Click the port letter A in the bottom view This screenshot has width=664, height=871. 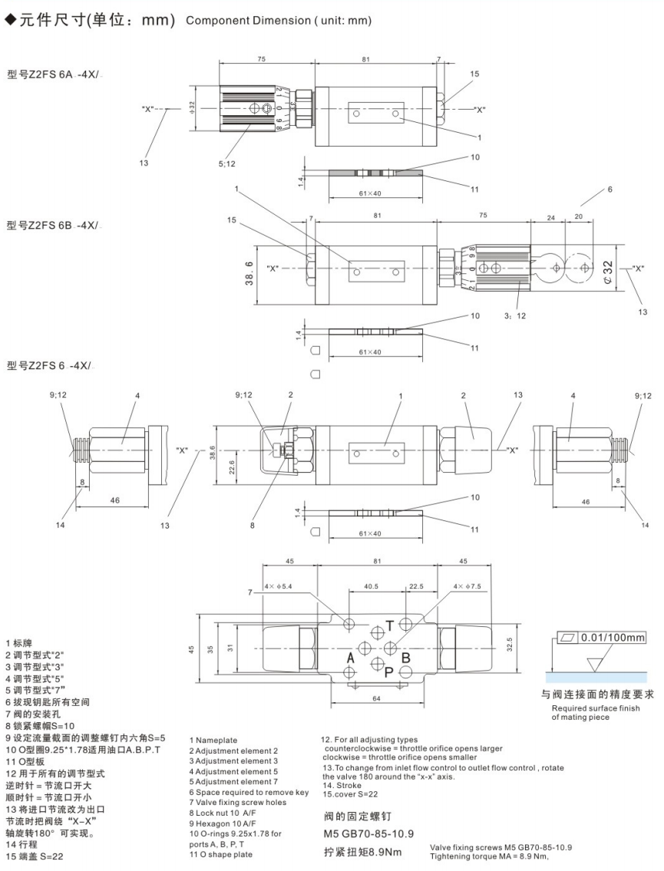350,658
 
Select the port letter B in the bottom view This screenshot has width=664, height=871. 407,657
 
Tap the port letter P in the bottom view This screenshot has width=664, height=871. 390,671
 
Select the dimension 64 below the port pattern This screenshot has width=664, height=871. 378,698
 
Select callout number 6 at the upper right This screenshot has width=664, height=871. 611,189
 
